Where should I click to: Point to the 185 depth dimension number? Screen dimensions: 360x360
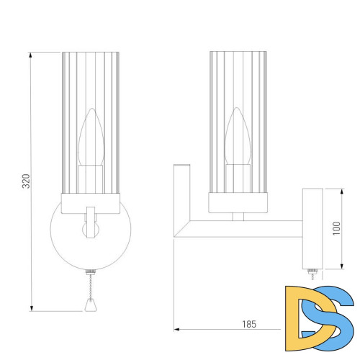[x=248, y=325]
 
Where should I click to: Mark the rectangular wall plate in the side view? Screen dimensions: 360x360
[x=312, y=228]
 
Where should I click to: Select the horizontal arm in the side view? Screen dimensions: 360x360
[x=245, y=229]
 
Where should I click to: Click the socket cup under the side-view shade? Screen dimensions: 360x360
[x=238, y=203]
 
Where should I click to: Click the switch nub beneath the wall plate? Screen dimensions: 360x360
[x=312, y=272]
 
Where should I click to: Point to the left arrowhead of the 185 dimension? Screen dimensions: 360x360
[x=176, y=330]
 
